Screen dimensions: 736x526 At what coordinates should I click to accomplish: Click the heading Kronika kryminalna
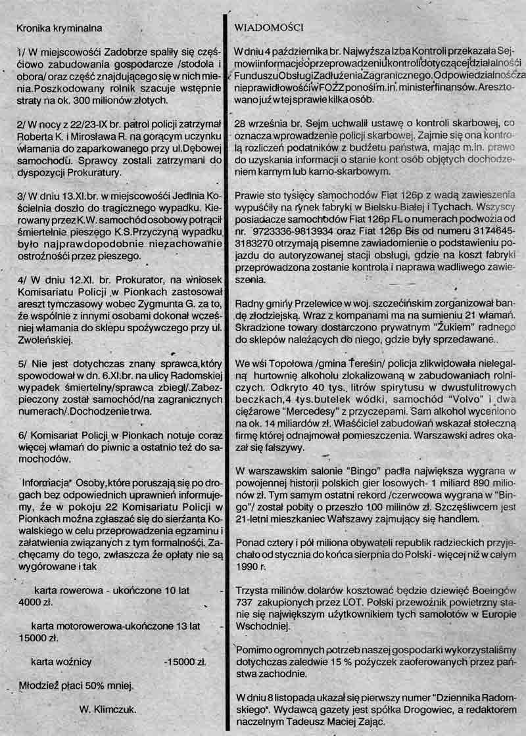58,27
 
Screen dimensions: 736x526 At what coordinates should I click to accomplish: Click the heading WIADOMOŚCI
268,27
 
